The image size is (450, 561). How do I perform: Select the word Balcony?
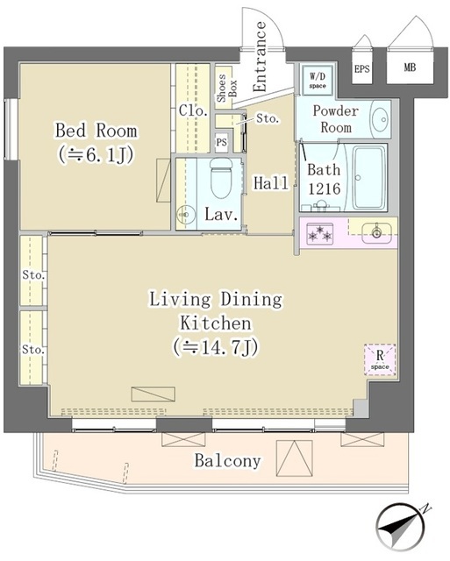(x=227, y=460)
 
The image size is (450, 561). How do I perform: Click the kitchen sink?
(x=376, y=232)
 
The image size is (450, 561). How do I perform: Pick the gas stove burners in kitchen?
(x=320, y=232)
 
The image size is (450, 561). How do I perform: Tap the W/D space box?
(x=315, y=79)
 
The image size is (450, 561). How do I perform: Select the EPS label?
(x=361, y=68)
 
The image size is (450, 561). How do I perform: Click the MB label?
(x=410, y=68)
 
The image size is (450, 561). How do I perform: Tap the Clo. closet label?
(x=192, y=110)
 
